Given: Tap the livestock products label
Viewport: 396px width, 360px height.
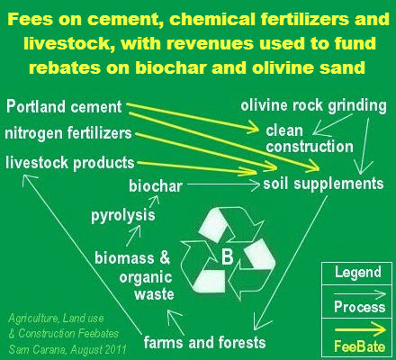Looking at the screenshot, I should [69, 162].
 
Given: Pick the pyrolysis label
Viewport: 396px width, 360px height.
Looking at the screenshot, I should [122, 216].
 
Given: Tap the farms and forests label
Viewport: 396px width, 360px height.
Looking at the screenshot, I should [205, 342].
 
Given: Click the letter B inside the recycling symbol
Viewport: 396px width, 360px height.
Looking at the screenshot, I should [227, 259].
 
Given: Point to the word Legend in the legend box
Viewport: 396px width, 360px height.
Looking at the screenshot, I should [357, 272].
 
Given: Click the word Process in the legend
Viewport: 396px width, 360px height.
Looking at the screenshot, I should [357, 306].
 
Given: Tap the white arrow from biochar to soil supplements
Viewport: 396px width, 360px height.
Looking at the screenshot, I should [222, 185].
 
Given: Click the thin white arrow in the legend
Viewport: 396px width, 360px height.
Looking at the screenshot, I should [357, 290].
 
